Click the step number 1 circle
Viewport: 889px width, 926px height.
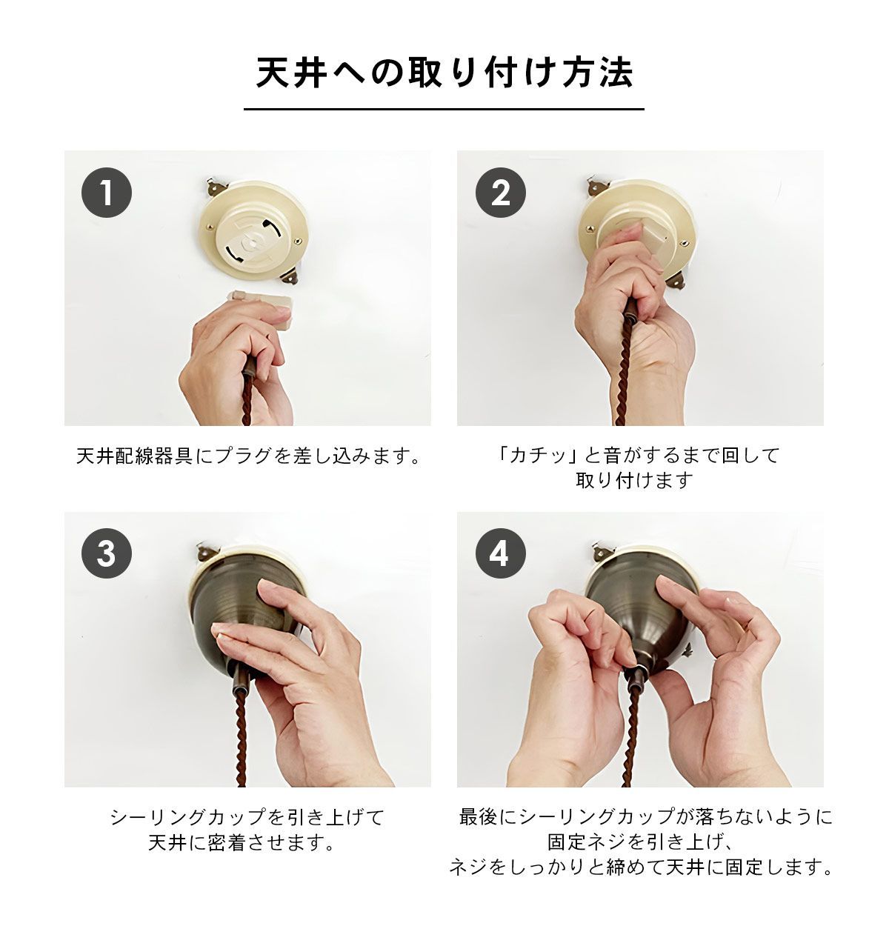click(x=107, y=193)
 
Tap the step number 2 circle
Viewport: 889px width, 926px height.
click(x=501, y=193)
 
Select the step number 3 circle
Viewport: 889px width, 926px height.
click(x=107, y=553)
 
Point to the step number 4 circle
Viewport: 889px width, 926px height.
click(x=501, y=553)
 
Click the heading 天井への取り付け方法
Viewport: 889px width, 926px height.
click(x=444, y=73)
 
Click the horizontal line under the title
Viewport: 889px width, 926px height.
click(x=444, y=109)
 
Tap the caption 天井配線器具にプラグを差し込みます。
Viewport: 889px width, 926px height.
click(x=248, y=456)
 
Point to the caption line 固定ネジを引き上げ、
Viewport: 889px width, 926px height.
click(x=640, y=842)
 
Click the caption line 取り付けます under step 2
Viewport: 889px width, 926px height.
click(x=634, y=481)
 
